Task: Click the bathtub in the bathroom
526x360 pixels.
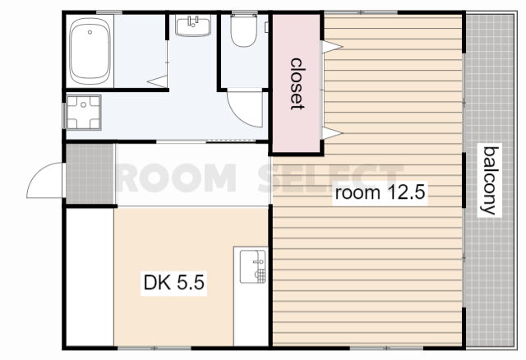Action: coord(90,51)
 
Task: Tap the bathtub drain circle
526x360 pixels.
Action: coord(90,32)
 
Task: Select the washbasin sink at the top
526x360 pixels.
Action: coord(193,25)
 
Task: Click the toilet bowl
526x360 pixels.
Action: coord(244,30)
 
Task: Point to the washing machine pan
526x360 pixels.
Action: coord(84,113)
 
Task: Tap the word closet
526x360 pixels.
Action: coord(297,84)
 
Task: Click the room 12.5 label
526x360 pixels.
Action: coord(380,193)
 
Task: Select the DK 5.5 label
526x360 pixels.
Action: coord(173,283)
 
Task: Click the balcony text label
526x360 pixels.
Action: coord(490,181)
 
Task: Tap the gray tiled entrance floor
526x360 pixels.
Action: coord(90,173)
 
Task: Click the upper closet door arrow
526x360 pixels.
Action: coord(332,47)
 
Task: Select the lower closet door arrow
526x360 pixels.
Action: coord(332,133)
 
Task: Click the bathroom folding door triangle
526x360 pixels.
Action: coord(158,81)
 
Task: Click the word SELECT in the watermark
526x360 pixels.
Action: coord(330,178)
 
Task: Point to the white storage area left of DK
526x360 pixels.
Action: coord(90,277)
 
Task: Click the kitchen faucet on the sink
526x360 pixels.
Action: coord(258,261)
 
